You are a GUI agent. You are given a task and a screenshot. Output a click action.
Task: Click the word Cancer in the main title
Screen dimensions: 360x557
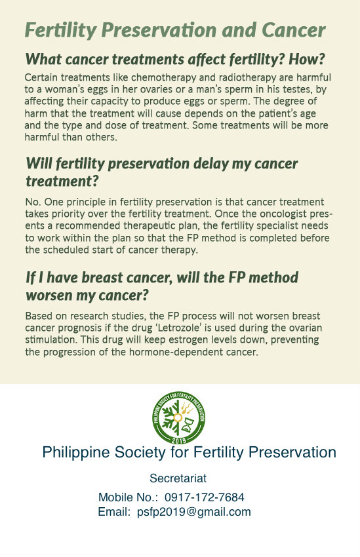click(294, 30)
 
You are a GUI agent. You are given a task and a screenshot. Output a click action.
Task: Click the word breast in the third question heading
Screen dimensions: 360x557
click(102, 277)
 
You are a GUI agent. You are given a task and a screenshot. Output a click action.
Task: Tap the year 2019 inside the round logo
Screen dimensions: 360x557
click(179, 440)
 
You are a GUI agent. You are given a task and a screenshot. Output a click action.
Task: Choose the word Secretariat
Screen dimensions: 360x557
click(178, 478)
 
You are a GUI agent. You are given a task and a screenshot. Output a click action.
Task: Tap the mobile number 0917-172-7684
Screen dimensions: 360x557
click(205, 497)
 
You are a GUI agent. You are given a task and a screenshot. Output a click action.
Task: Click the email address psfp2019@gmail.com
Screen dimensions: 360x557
click(194, 512)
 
